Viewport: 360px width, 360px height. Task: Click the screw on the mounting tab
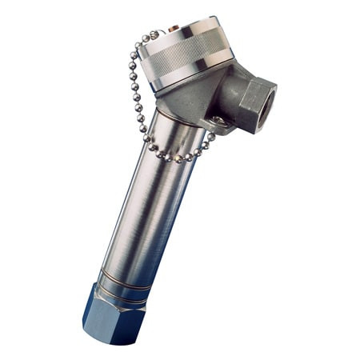coord(217,121)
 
